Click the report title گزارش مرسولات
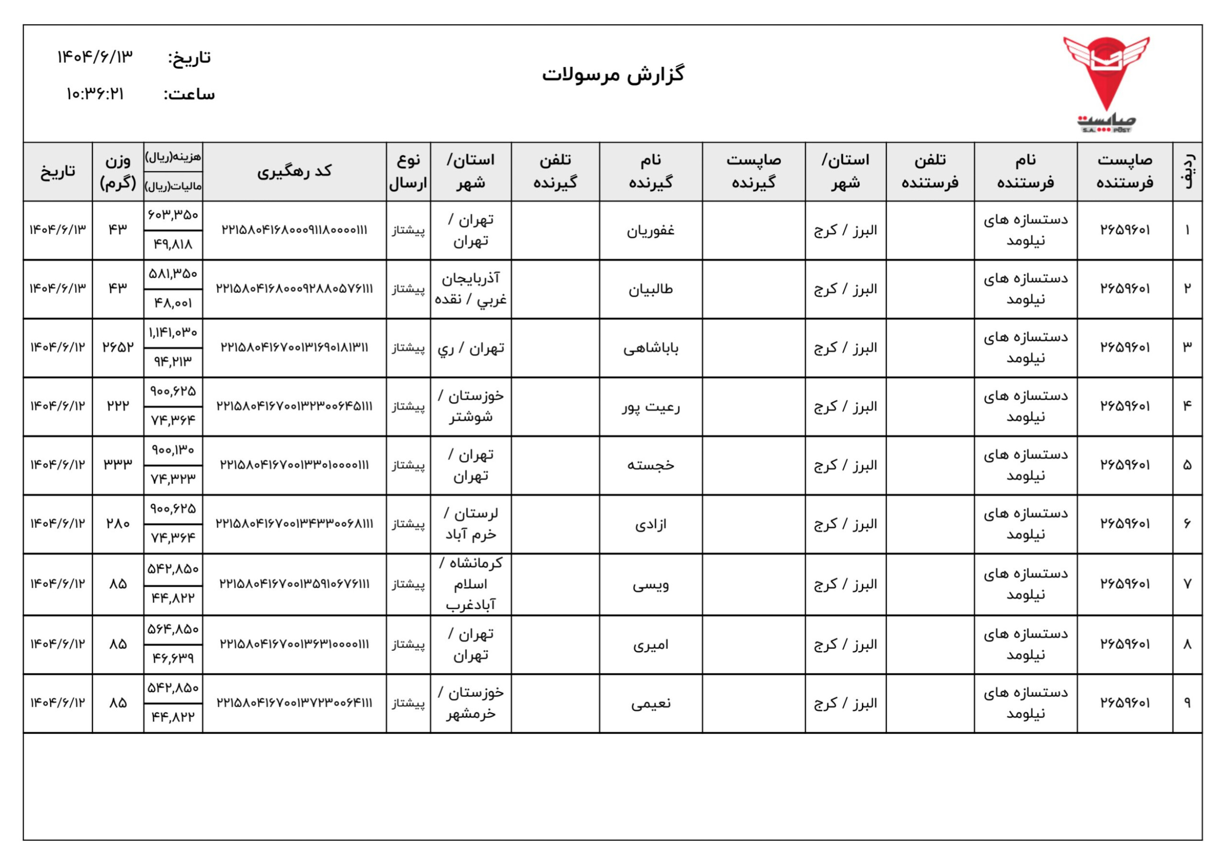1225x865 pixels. point(613,75)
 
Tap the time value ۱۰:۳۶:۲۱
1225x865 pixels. point(95,94)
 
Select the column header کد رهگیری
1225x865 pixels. point(294,171)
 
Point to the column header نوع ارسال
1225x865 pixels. point(408,171)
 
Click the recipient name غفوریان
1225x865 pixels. point(650,230)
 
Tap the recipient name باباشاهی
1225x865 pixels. point(650,348)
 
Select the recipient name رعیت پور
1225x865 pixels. point(650,407)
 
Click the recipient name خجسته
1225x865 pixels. point(650,466)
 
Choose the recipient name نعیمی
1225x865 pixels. point(650,704)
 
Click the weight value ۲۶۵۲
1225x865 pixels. point(118,347)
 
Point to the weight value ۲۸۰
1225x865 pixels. point(118,524)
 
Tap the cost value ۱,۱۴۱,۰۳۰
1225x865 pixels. point(173,333)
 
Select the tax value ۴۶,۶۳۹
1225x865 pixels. point(173,658)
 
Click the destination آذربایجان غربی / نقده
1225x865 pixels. point(470,289)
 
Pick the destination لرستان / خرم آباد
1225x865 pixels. point(470,524)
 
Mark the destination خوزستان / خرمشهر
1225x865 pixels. point(470,703)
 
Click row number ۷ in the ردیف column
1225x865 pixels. point(1187,584)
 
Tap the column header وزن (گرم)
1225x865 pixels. point(118,171)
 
